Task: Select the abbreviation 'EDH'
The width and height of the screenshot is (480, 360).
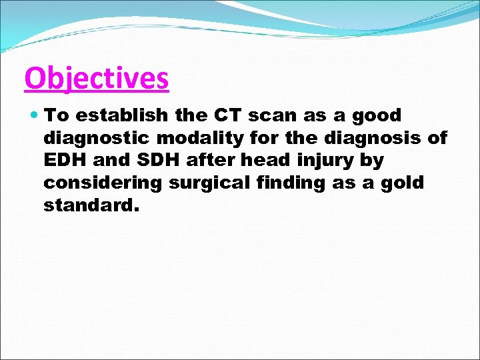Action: [x=64, y=161]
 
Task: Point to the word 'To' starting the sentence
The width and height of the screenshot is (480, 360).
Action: [x=57, y=115]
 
